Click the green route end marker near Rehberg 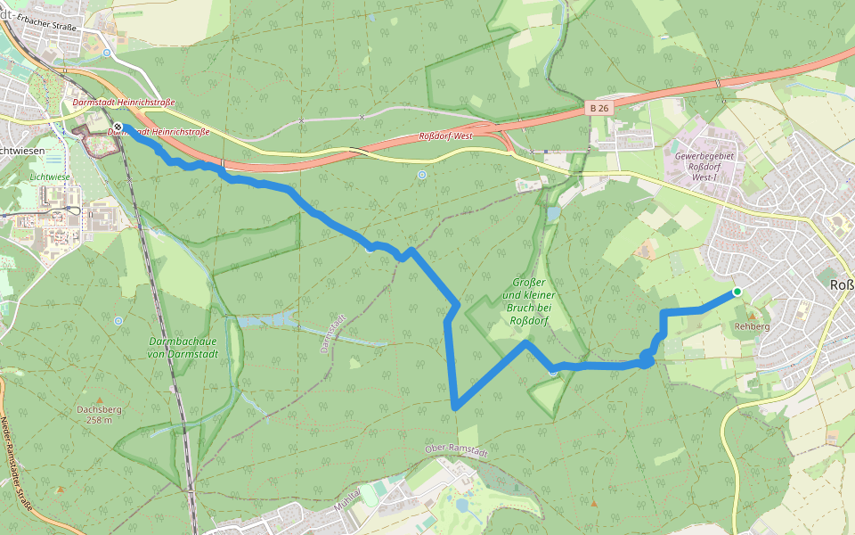click(x=737, y=292)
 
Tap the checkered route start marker click(x=118, y=128)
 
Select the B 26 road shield click(x=599, y=107)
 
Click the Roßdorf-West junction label click(x=444, y=136)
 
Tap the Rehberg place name click(x=752, y=326)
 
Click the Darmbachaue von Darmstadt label click(x=182, y=347)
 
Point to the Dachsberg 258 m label click(x=94, y=415)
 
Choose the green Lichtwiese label click(x=49, y=177)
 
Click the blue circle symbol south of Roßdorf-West click(x=421, y=175)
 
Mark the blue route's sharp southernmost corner click(x=455, y=407)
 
